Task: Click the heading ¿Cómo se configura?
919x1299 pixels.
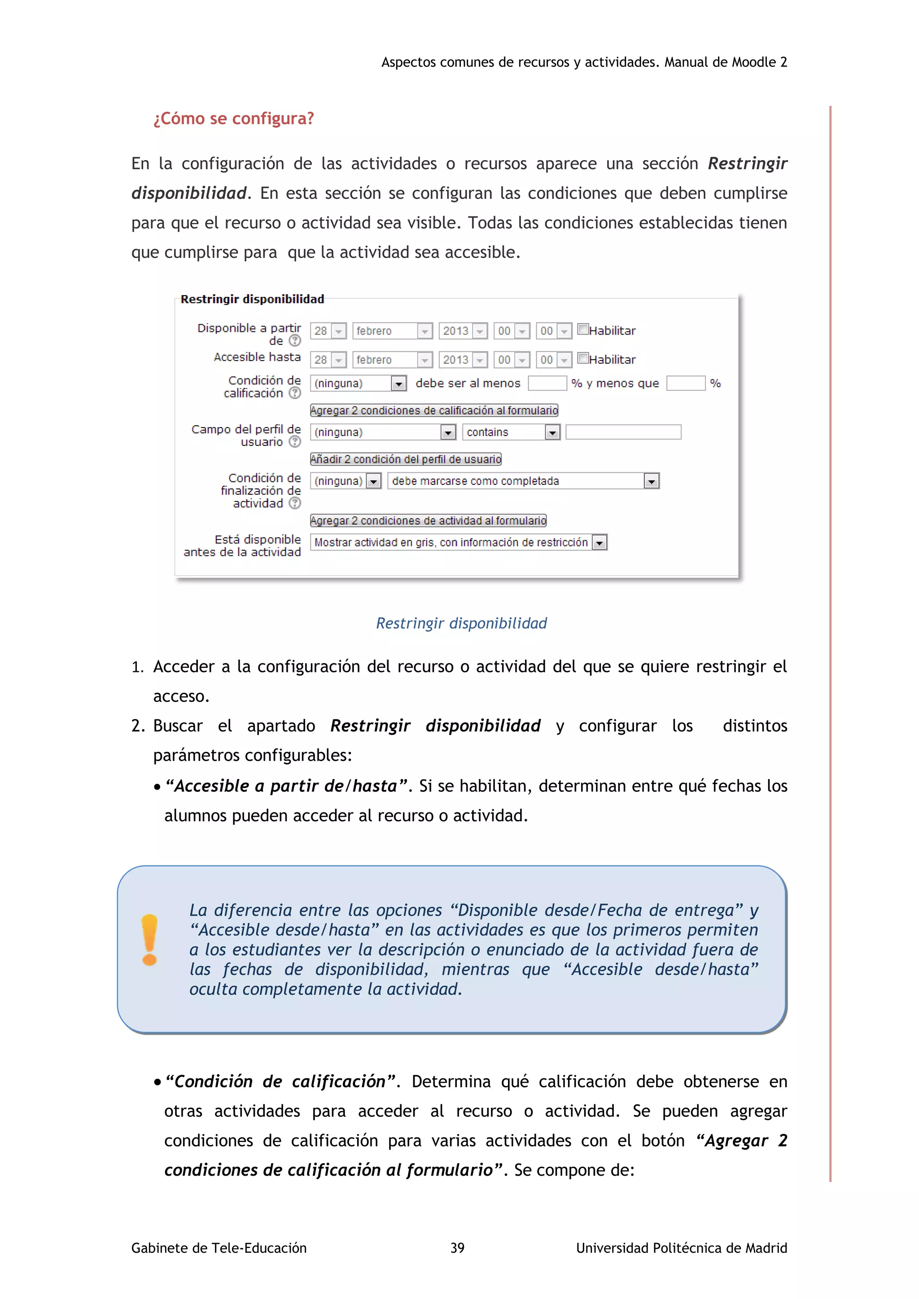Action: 233,119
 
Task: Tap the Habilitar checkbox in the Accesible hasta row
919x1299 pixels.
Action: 583,358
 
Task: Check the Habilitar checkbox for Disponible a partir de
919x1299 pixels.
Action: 583,329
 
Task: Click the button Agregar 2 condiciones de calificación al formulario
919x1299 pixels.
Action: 434,410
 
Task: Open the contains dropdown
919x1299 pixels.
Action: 511,432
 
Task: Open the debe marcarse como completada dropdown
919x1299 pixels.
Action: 524,481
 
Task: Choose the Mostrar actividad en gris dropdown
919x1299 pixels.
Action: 458,543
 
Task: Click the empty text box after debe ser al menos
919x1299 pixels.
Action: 547,384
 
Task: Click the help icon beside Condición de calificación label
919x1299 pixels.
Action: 295,393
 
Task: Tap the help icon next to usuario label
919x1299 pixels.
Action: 295,442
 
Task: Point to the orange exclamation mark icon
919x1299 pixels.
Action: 149,940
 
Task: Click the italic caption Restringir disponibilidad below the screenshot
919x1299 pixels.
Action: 461,623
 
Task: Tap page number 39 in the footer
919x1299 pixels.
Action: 457,1248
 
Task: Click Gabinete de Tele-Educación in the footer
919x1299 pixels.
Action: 219,1248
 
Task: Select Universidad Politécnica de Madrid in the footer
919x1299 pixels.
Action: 681,1248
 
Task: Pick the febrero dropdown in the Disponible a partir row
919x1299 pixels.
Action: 392,331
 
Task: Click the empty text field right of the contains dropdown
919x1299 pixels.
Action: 623,432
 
